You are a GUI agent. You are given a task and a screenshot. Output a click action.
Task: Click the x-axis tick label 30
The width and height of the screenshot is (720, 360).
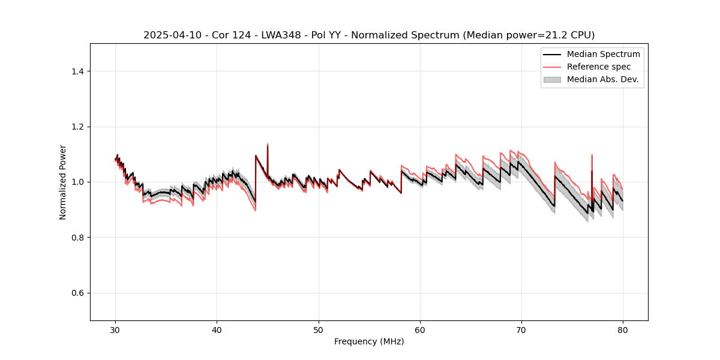pyautogui.click(x=116, y=330)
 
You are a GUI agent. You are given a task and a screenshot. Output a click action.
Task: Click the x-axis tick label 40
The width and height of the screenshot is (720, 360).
pyautogui.click(x=217, y=330)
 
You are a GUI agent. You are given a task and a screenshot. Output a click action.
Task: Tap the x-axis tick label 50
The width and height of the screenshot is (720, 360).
pyautogui.click(x=319, y=330)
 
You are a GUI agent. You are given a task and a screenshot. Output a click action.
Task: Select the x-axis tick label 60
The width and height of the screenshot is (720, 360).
pyautogui.click(x=420, y=330)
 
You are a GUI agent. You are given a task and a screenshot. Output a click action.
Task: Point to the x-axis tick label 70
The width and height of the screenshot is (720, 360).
pyautogui.click(x=521, y=330)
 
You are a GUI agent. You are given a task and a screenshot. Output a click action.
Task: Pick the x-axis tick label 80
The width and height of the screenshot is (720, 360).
pyautogui.click(x=623, y=330)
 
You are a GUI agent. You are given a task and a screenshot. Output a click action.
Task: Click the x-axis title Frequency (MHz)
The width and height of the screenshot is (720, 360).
pyautogui.click(x=369, y=341)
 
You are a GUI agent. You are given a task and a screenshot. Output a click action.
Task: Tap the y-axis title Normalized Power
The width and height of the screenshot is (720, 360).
pyautogui.click(x=63, y=182)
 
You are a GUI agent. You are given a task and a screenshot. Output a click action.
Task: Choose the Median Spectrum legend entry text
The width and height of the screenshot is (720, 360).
pyautogui.click(x=603, y=54)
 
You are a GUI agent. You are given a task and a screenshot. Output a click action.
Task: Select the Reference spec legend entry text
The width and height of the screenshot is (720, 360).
pyautogui.click(x=599, y=67)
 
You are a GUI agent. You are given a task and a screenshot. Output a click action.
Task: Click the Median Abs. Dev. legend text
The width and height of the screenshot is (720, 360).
pyautogui.click(x=602, y=79)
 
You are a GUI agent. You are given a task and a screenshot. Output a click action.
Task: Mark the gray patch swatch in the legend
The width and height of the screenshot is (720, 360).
pyautogui.click(x=552, y=79)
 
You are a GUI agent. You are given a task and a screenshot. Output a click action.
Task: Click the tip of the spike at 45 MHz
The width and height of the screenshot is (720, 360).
pyautogui.click(x=268, y=144)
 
